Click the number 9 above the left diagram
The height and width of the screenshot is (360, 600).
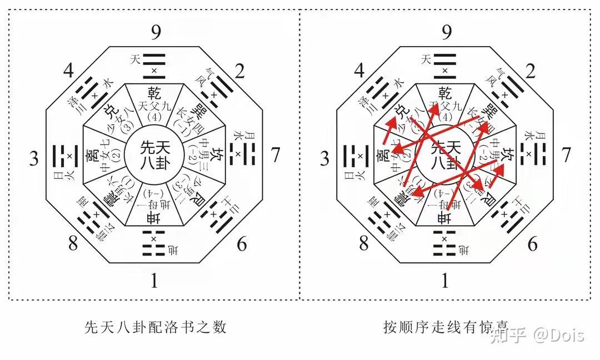[x=156, y=32]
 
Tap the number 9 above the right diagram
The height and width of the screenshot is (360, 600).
[x=446, y=32]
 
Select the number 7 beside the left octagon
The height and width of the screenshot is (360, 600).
[x=275, y=156]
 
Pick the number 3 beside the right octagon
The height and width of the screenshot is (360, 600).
[x=325, y=159]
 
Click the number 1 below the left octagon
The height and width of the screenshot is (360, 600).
[x=155, y=281]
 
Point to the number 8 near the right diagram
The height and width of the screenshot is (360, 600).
[x=364, y=243]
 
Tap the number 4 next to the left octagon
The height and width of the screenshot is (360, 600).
[x=68, y=71]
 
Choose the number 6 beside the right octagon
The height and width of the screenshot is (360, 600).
[x=532, y=243]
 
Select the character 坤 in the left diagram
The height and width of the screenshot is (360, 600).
[x=154, y=218]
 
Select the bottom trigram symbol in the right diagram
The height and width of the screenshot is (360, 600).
[x=444, y=246]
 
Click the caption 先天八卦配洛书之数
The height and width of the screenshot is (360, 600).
[x=156, y=327]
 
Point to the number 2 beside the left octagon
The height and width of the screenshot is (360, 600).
[x=240, y=71]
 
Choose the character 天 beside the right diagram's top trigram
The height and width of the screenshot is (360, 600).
[x=426, y=58]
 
